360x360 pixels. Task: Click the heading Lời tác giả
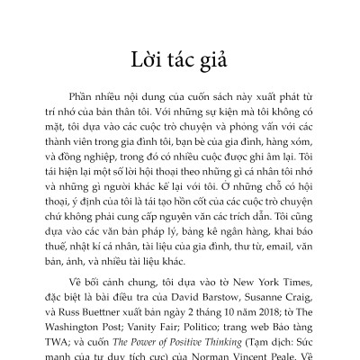(x=179, y=65)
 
